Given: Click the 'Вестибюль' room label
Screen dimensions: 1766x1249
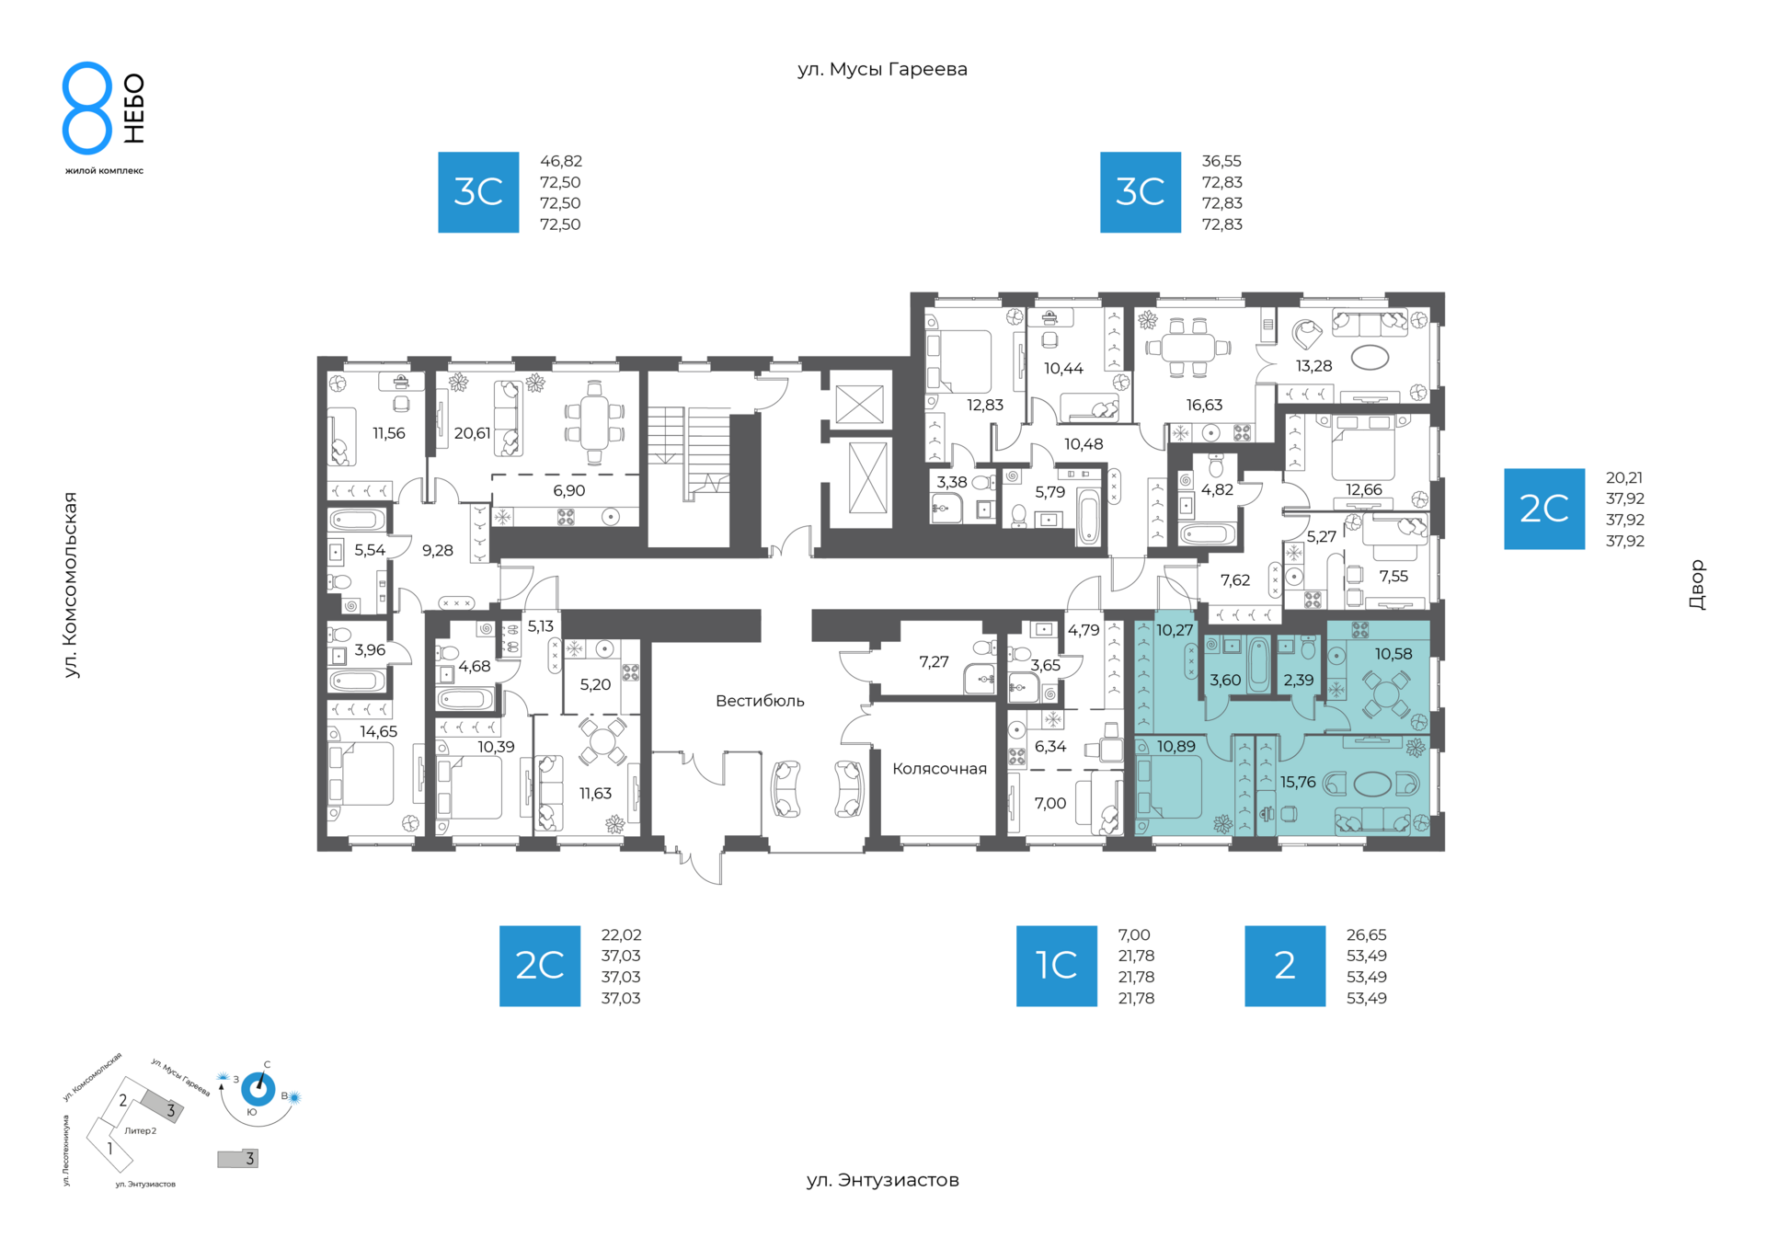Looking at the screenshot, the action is point(760,701).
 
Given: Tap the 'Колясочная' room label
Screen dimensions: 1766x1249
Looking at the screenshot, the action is point(939,769).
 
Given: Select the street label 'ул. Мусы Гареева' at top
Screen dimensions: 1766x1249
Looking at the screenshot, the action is point(882,70).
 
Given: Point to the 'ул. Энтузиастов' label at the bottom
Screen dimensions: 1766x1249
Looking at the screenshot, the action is point(882,1180).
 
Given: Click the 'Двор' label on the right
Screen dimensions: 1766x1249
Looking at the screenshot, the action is point(1697,585).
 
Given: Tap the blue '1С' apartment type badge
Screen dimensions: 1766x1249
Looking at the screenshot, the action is point(1056,966).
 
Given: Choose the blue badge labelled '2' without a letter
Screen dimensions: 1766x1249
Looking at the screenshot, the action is point(1285,966).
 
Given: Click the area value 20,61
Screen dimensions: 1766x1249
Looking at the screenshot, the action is point(472,433).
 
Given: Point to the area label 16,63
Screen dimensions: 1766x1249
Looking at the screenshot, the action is point(1204,405).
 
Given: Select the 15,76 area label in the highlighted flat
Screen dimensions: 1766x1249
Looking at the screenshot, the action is point(1298,782).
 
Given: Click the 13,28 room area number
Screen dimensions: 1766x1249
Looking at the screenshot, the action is point(1313,366).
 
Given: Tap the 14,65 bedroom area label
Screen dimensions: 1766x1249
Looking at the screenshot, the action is point(378,732).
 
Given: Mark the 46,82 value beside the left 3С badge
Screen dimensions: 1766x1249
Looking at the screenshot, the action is point(560,162).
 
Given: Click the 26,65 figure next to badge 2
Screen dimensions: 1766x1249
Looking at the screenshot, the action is point(1366,935).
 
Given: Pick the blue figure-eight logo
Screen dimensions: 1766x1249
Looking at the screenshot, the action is point(87,108).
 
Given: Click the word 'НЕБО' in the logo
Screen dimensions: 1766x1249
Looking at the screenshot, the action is point(134,109).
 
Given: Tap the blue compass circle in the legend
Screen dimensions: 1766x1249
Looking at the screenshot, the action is point(258,1090).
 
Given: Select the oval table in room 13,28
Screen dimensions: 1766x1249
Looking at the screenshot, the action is point(1370,358).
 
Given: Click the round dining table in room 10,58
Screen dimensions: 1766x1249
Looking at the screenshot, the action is point(1385,694).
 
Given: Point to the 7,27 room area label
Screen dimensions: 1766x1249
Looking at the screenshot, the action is point(934,662).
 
